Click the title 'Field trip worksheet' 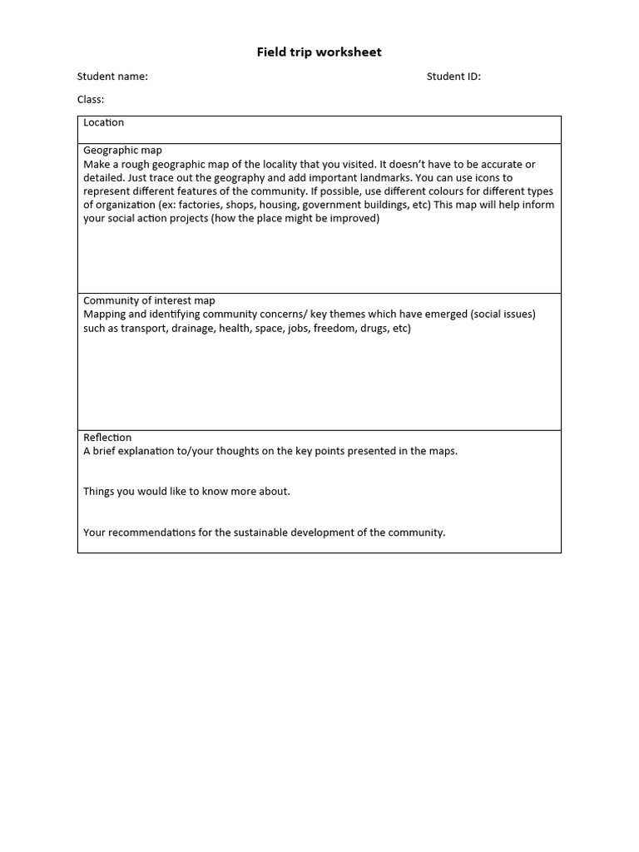tap(319, 52)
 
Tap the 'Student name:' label tap(112, 77)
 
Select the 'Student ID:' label tap(453, 77)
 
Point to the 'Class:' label tap(91, 100)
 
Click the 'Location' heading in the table tap(103, 123)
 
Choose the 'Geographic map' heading tap(122, 151)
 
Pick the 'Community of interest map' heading tap(149, 300)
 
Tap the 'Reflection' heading tap(107, 438)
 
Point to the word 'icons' tap(499, 178)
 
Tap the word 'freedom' tap(334, 329)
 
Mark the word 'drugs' tap(374, 329)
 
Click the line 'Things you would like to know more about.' tap(186, 492)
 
